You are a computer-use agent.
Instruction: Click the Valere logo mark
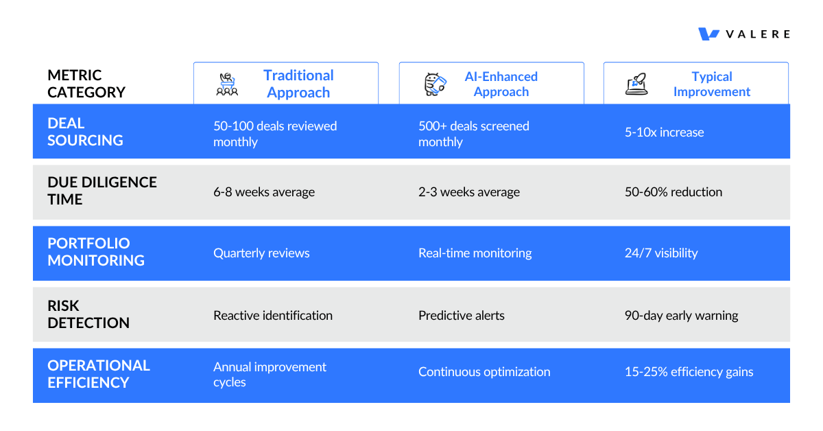[x=708, y=34]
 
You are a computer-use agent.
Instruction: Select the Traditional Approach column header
[x=298, y=84]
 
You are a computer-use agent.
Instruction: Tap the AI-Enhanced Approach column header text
[x=501, y=84]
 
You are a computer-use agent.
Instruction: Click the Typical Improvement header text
[x=711, y=84]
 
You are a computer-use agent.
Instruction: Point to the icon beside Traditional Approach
[x=227, y=84]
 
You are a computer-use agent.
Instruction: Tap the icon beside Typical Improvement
[x=636, y=84]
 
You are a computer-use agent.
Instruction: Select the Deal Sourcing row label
[x=85, y=132]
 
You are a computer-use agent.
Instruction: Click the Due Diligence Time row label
[x=102, y=191]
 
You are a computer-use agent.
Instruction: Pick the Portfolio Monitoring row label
[x=96, y=252]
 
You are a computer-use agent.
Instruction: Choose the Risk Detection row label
[x=88, y=314]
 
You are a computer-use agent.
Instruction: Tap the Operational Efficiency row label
[x=99, y=374]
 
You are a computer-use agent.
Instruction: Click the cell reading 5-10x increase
[x=664, y=132]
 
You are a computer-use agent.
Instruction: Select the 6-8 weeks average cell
[x=264, y=192]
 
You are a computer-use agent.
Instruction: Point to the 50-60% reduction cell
[x=673, y=192]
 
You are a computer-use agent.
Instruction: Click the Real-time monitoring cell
[x=475, y=253]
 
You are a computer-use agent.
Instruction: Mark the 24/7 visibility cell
[x=660, y=253]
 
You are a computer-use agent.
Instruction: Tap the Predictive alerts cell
[x=461, y=316]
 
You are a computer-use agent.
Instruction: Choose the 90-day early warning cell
[x=681, y=316]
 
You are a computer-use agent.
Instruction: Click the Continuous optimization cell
[x=484, y=372]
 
